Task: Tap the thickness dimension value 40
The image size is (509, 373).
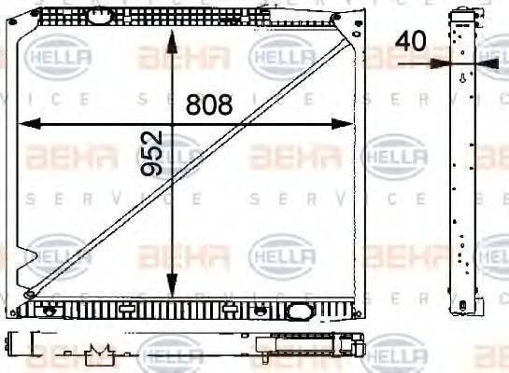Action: [x=411, y=42]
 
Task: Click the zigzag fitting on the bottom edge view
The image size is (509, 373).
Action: [x=98, y=353]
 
